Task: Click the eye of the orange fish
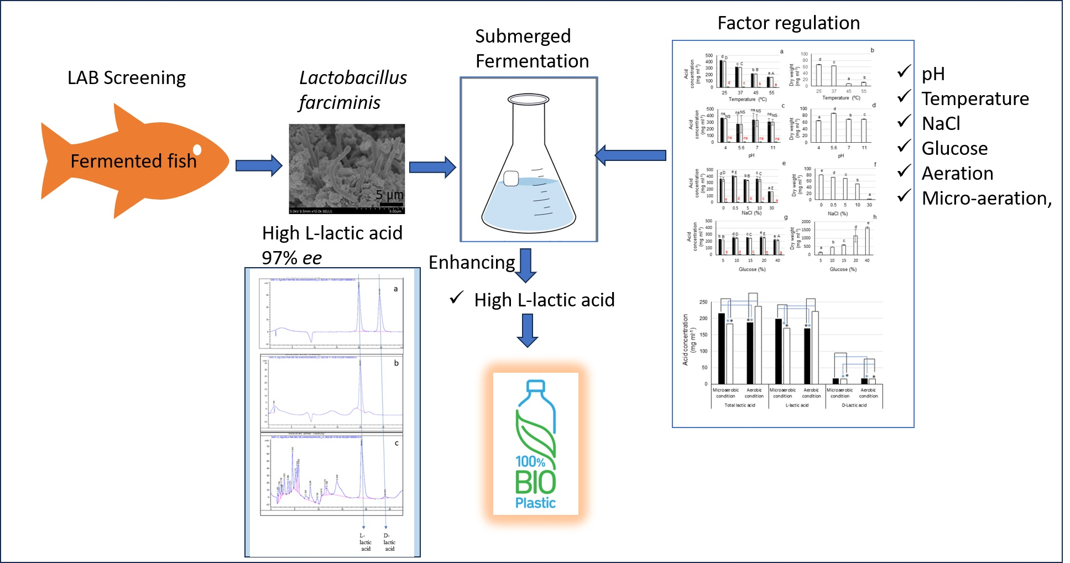(x=197, y=149)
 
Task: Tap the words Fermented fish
(x=133, y=161)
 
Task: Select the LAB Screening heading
(x=127, y=78)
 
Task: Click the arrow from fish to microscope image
(x=258, y=165)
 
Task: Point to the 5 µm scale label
(x=389, y=195)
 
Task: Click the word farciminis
(x=339, y=103)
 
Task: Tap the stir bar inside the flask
(x=511, y=178)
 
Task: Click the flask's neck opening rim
(x=528, y=100)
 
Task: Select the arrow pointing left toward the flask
(x=630, y=155)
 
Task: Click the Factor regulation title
(x=789, y=23)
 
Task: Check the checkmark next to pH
(x=904, y=71)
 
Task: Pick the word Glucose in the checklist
(x=954, y=148)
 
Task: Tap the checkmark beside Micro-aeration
(x=904, y=196)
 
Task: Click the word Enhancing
(x=472, y=262)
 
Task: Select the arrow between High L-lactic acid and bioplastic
(x=528, y=330)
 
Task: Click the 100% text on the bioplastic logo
(x=530, y=461)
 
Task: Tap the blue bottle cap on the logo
(x=535, y=386)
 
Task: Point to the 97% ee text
(x=291, y=258)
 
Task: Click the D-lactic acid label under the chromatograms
(x=389, y=542)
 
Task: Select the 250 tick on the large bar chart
(x=703, y=302)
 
